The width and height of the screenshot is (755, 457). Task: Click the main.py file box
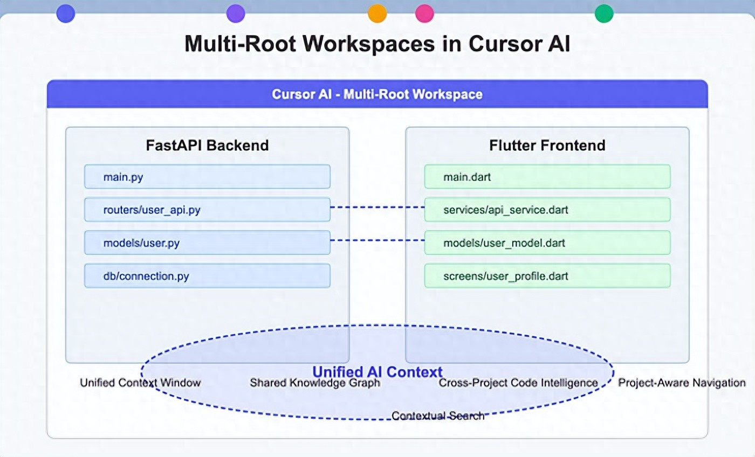click(x=207, y=177)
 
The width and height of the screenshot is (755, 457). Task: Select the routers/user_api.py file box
click(x=207, y=210)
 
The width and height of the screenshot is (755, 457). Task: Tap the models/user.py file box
click(x=207, y=243)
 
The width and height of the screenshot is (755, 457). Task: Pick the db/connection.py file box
click(x=207, y=276)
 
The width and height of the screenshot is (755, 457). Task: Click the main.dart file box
click(x=547, y=177)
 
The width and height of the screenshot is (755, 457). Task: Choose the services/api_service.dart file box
click(x=547, y=210)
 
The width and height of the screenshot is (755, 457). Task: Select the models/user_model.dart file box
click(x=547, y=243)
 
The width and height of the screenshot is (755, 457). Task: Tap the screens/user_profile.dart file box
click(x=547, y=276)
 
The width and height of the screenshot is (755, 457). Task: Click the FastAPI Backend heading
click(x=207, y=146)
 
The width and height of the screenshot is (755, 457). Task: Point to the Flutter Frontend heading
click(x=547, y=146)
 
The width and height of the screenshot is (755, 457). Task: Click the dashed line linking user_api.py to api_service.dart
click(x=377, y=207)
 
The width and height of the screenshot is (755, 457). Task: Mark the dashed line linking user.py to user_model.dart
click(x=377, y=240)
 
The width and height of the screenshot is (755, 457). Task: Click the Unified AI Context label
click(x=377, y=371)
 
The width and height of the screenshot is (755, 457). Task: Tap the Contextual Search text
click(x=437, y=416)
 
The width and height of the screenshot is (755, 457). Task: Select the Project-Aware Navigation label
click(x=682, y=383)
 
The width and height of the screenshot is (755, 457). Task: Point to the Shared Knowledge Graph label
click(x=315, y=383)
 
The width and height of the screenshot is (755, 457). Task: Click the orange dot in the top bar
click(x=377, y=13)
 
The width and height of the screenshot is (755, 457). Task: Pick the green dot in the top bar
click(x=604, y=13)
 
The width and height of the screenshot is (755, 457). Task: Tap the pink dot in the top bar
click(x=425, y=13)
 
